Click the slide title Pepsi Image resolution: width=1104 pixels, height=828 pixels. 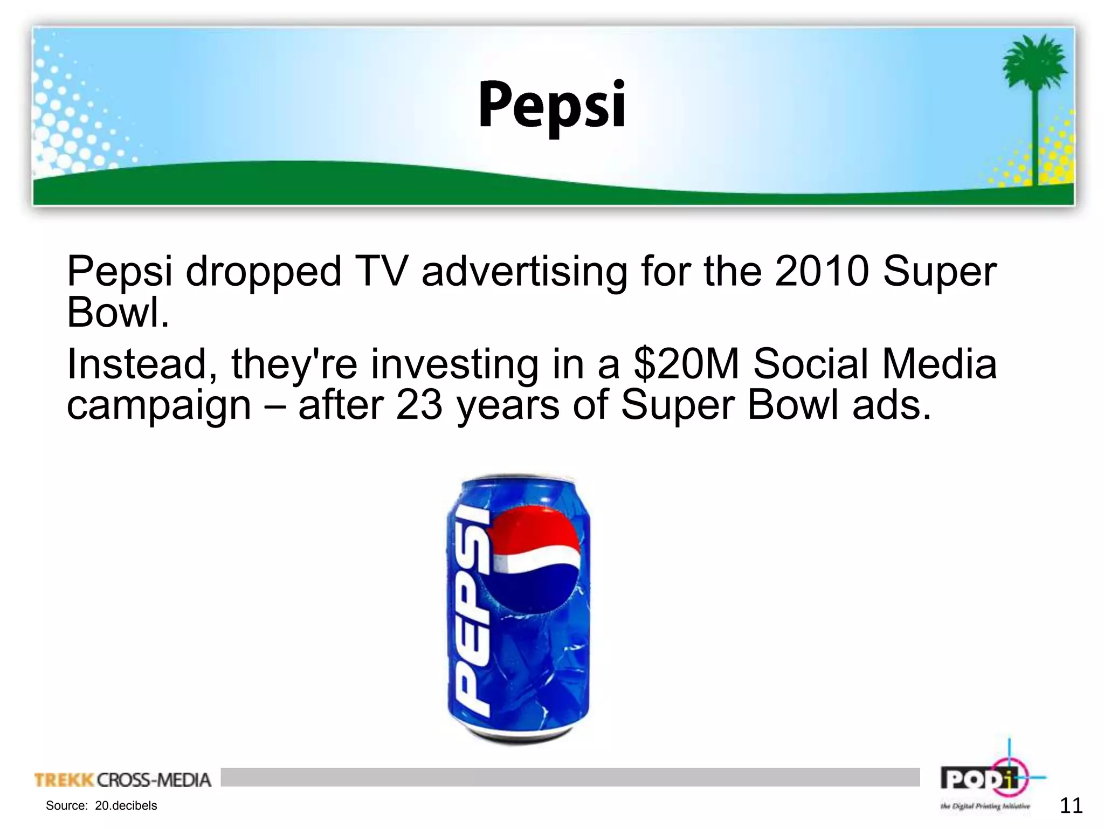click(551, 106)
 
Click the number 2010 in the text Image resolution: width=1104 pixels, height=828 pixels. click(822, 271)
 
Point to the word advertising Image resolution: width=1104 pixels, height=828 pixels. click(524, 272)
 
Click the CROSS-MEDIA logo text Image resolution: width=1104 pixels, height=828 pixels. click(154, 780)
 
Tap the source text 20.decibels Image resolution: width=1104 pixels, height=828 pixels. click(126, 806)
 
